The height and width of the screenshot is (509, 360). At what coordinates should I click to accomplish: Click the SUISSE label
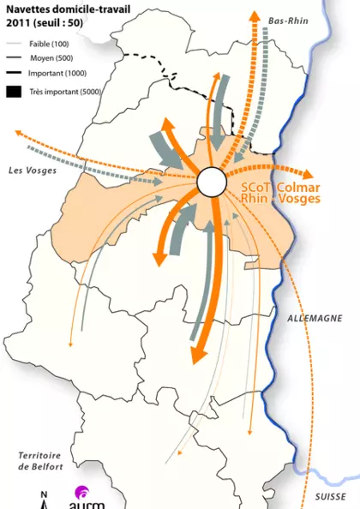click(329, 496)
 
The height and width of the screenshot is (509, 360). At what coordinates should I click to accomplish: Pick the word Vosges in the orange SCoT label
click(300, 198)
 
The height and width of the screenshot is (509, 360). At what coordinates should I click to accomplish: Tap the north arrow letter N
click(45, 494)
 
